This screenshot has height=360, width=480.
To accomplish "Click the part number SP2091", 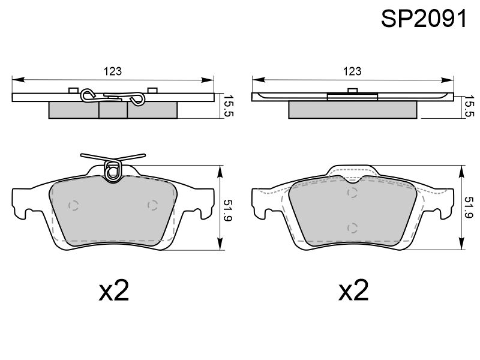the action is point(424,19).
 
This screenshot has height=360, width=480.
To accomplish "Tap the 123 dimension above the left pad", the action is point(113,71).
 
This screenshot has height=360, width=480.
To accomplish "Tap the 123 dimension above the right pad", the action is point(352,71).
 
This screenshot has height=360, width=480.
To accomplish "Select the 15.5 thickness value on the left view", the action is point(229,105).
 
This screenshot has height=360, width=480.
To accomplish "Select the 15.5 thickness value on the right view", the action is point(469,105).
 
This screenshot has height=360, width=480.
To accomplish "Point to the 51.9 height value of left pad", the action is point(229,211).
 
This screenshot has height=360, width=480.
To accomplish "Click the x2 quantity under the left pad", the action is point(114,290).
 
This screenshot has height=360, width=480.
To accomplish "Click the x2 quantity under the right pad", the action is point(353,290).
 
